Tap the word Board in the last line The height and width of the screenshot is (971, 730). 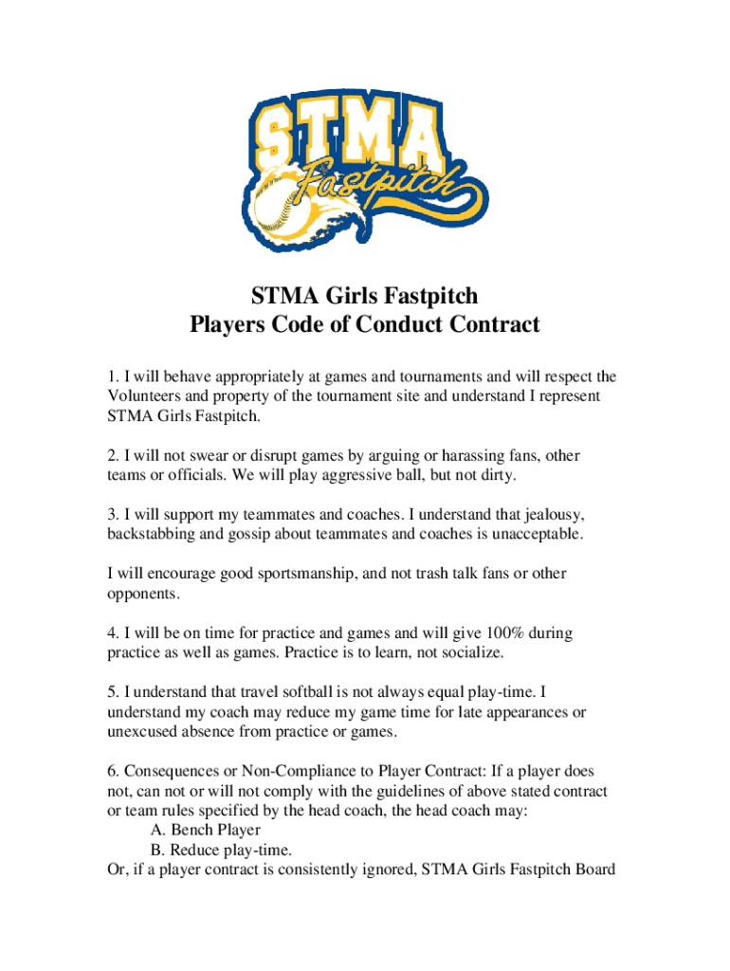[593, 870]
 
